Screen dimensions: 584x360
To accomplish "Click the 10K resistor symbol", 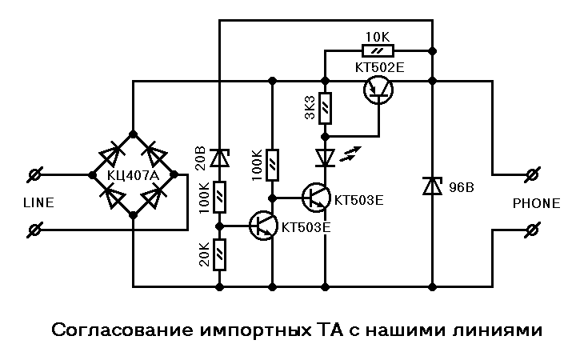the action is (378, 50).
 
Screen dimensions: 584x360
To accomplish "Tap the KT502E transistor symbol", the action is (378, 90).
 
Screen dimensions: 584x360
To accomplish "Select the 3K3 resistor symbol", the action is (325, 109).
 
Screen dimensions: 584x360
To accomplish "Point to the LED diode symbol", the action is (325, 158).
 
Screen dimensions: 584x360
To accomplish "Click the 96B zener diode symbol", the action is (433, 186).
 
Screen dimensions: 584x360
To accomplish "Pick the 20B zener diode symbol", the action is (219, 158).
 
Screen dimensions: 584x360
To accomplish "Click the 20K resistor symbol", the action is (219, 255).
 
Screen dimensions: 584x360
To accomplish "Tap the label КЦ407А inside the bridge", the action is (133, 175).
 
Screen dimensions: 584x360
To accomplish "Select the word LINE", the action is (38, 202).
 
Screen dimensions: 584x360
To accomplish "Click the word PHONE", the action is (536, 203).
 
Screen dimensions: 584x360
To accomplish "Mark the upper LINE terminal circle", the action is (35, 174).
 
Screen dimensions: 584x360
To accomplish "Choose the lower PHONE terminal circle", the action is (533, 230).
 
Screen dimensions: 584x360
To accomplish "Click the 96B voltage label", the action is (462, 187).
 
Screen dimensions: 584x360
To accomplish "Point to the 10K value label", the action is (378, 37).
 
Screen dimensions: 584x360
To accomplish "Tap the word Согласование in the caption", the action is (123, 330).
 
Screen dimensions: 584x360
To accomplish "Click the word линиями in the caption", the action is (498, 330).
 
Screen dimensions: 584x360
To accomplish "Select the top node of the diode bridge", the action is (133, 134).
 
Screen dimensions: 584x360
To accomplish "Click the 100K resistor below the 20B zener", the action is (219, 198).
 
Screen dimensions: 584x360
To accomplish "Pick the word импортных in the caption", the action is (254, 330).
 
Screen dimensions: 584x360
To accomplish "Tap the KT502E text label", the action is (379, 67).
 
